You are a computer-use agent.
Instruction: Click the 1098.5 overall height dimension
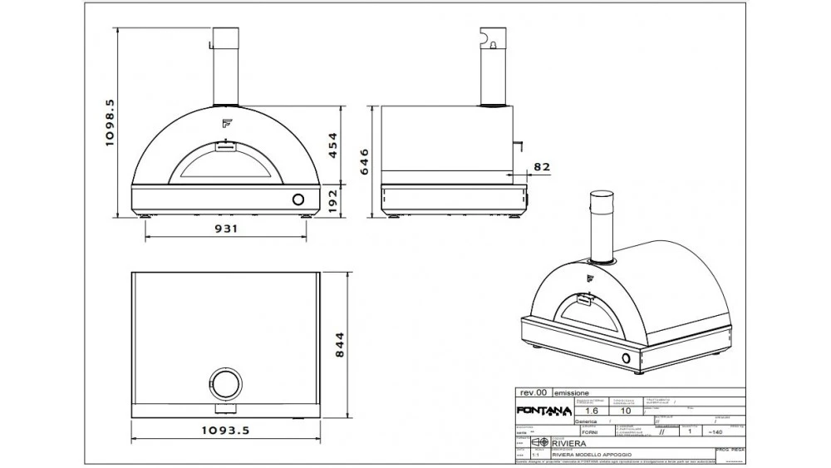110,123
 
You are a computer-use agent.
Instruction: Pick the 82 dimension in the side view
541,166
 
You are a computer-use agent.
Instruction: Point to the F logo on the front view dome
225,124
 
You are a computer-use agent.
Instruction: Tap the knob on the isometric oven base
627,358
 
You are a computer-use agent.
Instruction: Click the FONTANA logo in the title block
544,411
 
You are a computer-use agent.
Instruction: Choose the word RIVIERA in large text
569,443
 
